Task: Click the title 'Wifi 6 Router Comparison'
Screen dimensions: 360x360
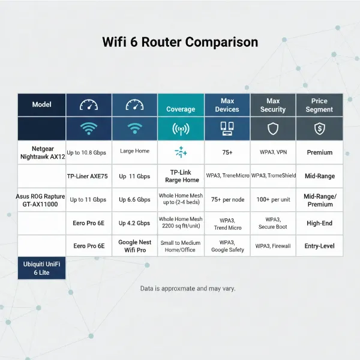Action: click(180, 43)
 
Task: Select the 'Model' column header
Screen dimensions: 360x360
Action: click(41, 105)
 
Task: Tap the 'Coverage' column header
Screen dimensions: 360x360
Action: click(181, 109)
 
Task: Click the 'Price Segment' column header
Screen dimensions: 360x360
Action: click(319, 105)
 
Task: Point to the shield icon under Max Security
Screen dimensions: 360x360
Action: click(273, 128)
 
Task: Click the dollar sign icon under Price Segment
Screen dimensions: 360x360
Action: click(319, 128)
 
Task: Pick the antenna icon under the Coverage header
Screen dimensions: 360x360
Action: click(181, 128)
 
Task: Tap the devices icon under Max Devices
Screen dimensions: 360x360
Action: click(227, 128)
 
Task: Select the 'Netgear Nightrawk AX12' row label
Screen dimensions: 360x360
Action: click(41, 152)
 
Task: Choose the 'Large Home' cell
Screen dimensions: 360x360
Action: click(134, 151)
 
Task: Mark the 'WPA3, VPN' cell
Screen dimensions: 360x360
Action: click(273, 152)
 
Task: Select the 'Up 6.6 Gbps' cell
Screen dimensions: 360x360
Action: click(134, 200)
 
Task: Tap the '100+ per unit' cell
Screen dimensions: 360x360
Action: click(273, 200)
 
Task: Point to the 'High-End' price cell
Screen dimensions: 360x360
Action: click(319, 223)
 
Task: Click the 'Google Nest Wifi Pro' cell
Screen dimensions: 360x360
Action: click(134, 245)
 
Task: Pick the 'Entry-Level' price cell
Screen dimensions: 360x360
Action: click(319, 246)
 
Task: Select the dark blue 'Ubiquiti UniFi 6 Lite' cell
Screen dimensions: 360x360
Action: click(41, 268)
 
